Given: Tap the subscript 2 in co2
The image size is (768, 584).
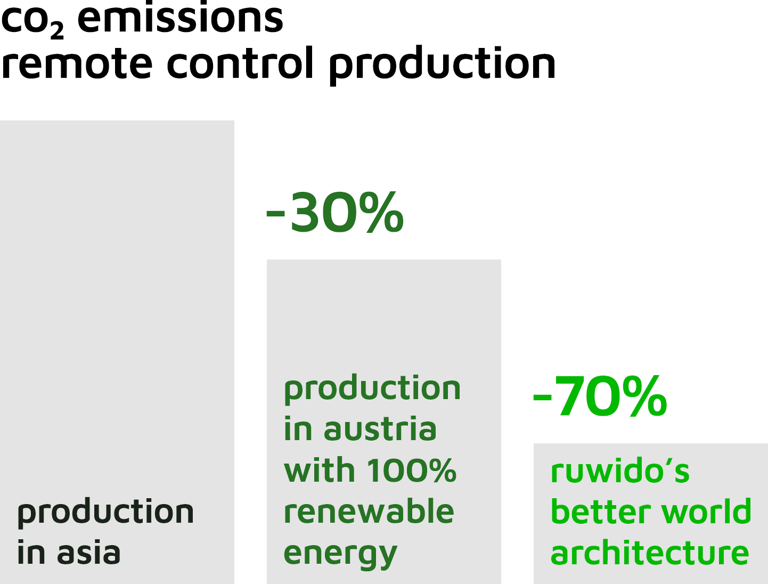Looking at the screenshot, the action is (x=57, y=30).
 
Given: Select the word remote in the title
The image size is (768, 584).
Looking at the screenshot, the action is (x=77, y=62).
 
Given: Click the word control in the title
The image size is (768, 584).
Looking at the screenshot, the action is (x=240, y=62).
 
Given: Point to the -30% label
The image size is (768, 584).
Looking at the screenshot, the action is (x=335, y=212).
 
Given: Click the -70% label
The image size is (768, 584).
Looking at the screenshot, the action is (x=600, y=395).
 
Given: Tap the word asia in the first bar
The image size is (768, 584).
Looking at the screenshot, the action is (x=89, y=553).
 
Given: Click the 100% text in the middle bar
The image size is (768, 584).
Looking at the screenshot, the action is (x=412, y=469).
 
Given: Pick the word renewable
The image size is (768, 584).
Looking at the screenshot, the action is (x=369, y=510).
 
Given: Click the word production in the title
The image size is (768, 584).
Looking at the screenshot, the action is (x=442, y=65).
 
